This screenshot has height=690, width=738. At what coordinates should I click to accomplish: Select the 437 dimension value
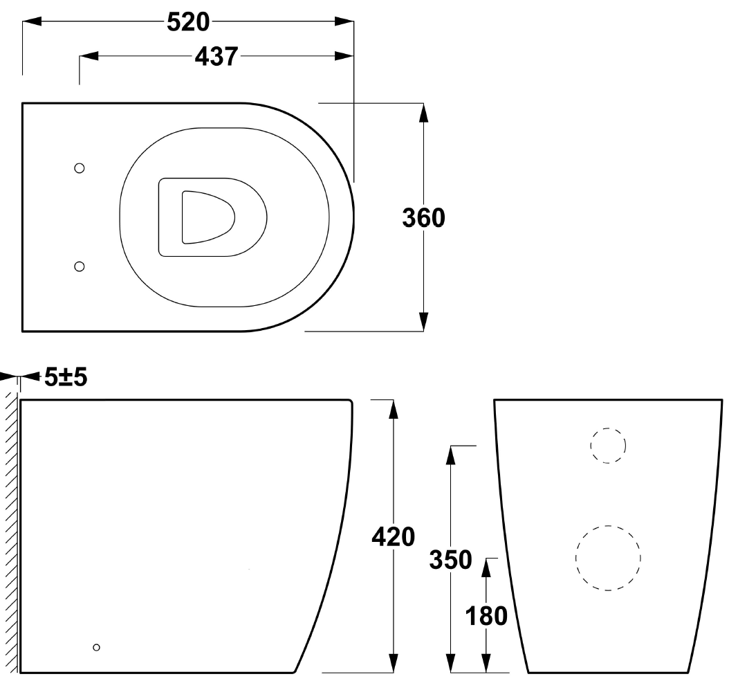pyautogui.click(x=216, y=57)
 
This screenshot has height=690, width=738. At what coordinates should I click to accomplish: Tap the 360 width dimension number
pyautogui.click(x=424, y=217)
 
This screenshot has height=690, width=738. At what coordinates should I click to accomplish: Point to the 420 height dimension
pyautogui.click(x=393, y=536)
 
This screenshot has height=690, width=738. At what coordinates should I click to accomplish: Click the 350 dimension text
pyautogui.click(x=450, y=559)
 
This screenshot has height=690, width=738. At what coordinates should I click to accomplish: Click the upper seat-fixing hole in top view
pyautogui.click(x=80, y=168)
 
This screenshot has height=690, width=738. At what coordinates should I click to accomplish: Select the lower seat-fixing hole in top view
pyautogui.click(x=80, y=266)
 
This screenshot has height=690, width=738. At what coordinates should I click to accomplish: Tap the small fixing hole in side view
pyautogui.click(x=96, y=647)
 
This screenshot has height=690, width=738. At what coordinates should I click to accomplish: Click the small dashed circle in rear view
pyautogui.click(x=608, y=445)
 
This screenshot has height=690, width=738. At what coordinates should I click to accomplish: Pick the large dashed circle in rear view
pyautogui.click(x=608, y=558)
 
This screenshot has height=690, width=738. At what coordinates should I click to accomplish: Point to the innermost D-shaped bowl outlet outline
pyautogui.click(x=207, y=217)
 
